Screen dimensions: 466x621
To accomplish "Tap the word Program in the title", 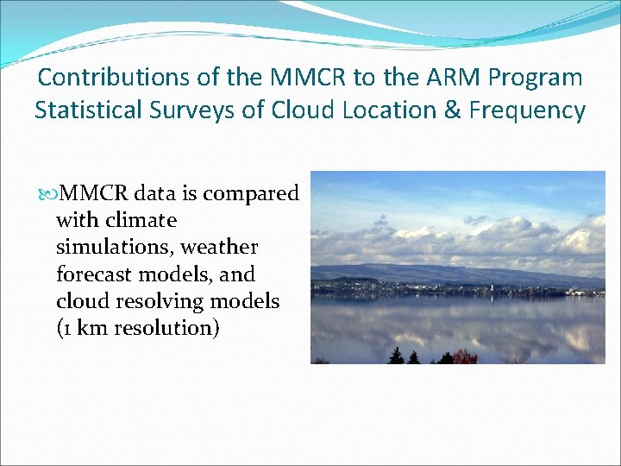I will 536,78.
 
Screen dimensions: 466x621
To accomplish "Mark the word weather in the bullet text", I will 219,248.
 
